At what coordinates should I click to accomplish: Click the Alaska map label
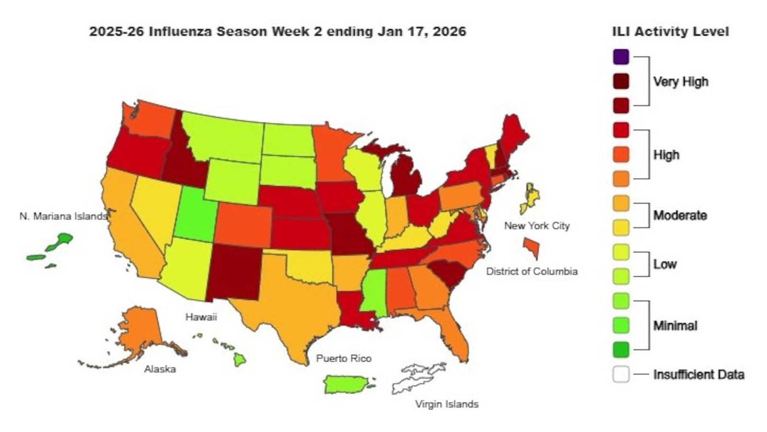160,369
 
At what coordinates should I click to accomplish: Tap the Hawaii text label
201,317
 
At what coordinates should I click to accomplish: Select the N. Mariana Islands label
63,216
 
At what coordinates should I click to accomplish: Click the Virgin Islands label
446,404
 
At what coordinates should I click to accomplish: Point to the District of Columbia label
532,271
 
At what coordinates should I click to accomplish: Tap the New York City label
536,225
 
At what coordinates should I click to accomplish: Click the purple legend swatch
620,57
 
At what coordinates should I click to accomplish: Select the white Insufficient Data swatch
620,374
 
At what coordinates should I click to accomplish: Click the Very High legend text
680,82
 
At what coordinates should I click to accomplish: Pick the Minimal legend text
675,326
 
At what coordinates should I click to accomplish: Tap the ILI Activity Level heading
670,32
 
